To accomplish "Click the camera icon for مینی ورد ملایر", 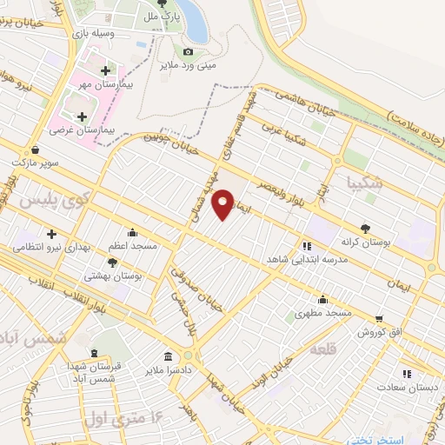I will click(x=188, y=52).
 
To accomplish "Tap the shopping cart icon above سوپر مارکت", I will click(x=34, y=149).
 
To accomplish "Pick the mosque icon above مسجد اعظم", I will click(x=131, y=232).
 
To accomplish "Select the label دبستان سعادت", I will click(x=408, y=387).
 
